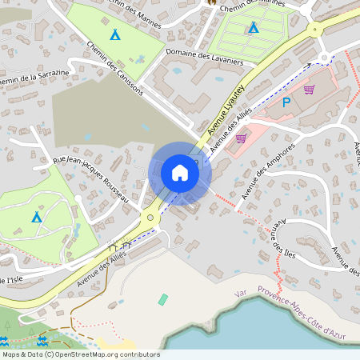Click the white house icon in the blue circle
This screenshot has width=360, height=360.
click(x=180, y=173)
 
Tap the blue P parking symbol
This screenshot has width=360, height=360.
click(x=286, y=102)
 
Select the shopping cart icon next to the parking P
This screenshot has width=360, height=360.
click(x=309, y=90)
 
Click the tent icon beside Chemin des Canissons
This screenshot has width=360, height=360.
click(x=115, y=34)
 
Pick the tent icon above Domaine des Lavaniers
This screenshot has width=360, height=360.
click(x=253, y=29)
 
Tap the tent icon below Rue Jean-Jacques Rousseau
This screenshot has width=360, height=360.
click(x=37, y=218)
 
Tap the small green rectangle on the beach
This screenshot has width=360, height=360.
click(x=164, y=299)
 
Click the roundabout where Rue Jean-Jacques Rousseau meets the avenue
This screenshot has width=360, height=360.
click(x=149, y=217)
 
